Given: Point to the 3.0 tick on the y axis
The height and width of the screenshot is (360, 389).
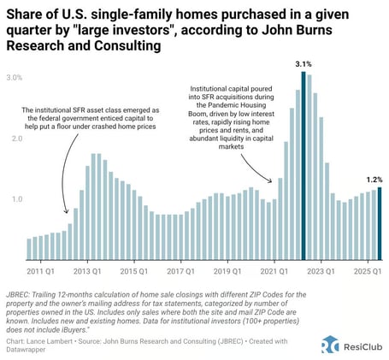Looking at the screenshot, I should tap(15, 77).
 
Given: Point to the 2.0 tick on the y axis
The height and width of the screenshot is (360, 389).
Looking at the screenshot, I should tap(15, 138).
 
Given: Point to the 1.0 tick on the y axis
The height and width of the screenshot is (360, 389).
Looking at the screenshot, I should tap(15, 199).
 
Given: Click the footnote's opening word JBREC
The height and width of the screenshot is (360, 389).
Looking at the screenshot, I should tap(27, 292).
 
